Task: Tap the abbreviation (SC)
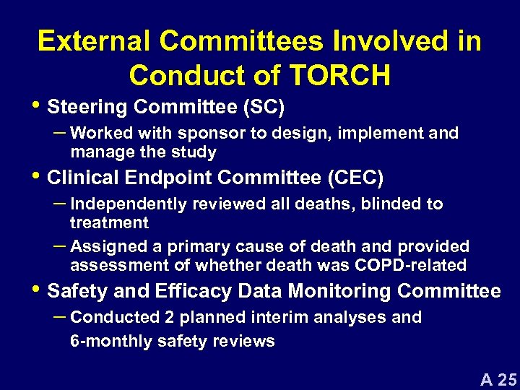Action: point(264,107)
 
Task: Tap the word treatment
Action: point(109,222)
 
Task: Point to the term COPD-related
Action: point(410,265)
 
